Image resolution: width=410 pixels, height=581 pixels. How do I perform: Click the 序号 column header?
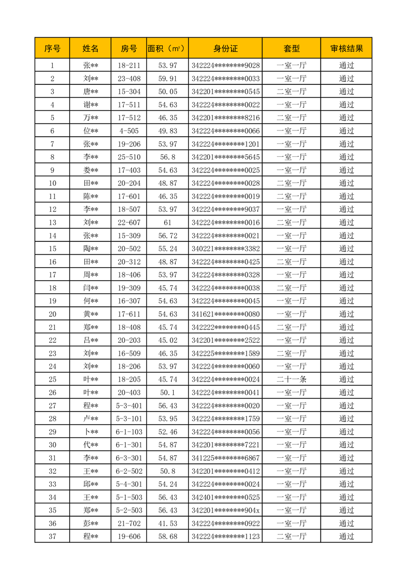(x=52, y=49)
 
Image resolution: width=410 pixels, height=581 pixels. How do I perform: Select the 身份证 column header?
(x=225, y=49)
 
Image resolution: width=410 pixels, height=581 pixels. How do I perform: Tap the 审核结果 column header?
(x=346, y=49)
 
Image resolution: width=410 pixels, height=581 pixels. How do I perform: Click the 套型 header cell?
(x=291, y=49)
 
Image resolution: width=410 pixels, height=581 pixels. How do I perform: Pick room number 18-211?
(x=129, y=66)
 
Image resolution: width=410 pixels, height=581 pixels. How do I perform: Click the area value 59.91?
(x=168, y=79)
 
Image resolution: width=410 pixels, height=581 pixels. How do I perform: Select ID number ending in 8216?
(x=225, y=118)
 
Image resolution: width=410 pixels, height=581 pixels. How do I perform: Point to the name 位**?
(x=90, y=131)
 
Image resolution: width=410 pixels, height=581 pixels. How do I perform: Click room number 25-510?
(x=129, y=157)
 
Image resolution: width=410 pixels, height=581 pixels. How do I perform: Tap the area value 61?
(x=168, y=223)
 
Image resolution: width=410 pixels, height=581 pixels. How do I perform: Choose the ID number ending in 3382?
(x=225, y=249)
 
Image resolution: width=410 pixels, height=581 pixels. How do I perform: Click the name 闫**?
(x=90, y=288)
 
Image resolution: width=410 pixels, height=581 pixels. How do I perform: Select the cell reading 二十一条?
(x=291, y=380)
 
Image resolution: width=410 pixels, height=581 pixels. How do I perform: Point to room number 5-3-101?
(x=129, y=419)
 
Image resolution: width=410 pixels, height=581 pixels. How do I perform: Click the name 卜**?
(x=90, y=432)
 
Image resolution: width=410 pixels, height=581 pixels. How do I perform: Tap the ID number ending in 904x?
(x=225, y=511)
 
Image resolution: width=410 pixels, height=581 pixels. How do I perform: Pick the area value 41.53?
(x=168, y=524)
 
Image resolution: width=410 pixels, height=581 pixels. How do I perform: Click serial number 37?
(x=52, y=536)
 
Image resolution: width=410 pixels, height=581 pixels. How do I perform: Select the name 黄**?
(x=90, y=314)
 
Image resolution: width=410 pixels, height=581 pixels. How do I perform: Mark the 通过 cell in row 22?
(x=346, y=340)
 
